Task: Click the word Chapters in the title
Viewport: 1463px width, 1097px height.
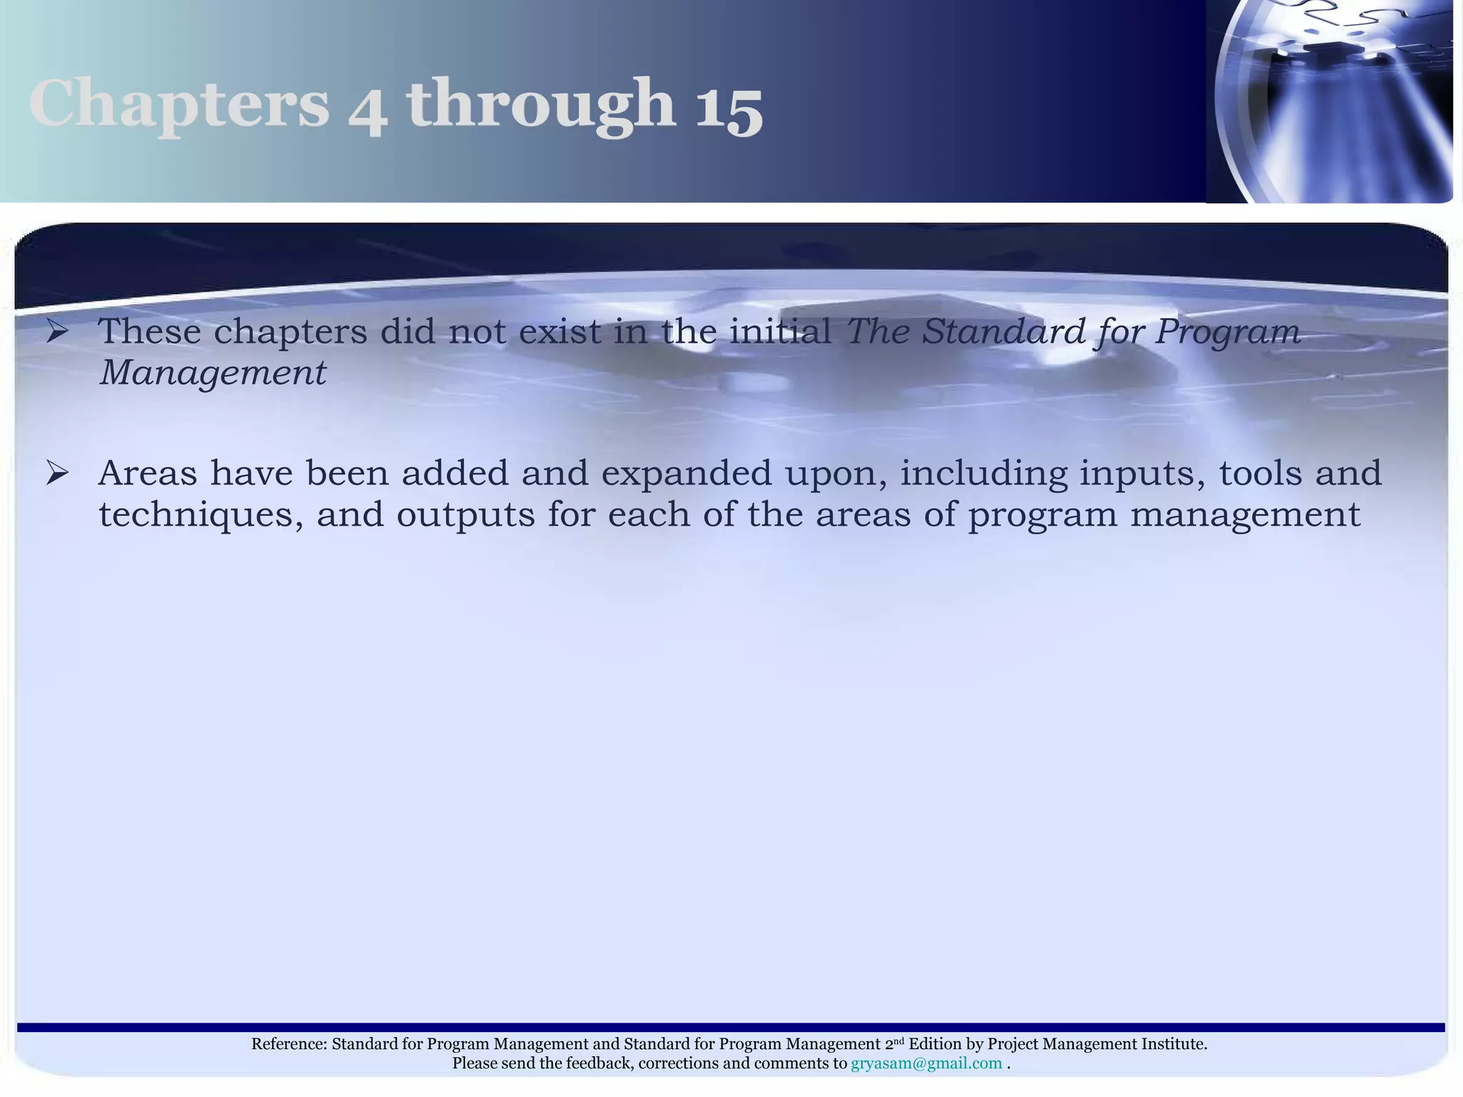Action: tap(179, 105)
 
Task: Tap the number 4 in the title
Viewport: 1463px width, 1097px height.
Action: tap(369, 111)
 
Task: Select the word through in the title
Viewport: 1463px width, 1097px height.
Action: tap(541, 105)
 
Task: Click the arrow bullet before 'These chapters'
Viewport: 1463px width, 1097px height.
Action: tap(56, 331)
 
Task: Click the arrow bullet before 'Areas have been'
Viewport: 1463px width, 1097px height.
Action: tap(56, 472)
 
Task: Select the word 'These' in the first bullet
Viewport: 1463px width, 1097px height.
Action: tap(149, 331)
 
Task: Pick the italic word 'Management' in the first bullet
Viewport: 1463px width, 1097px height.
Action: tap(213, 373)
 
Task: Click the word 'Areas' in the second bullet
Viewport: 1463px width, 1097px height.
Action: tap(147, 473)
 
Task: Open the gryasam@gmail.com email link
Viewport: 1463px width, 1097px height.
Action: tap(926, 1063)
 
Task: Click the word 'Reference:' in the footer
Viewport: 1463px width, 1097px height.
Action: tap(289, 1044)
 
